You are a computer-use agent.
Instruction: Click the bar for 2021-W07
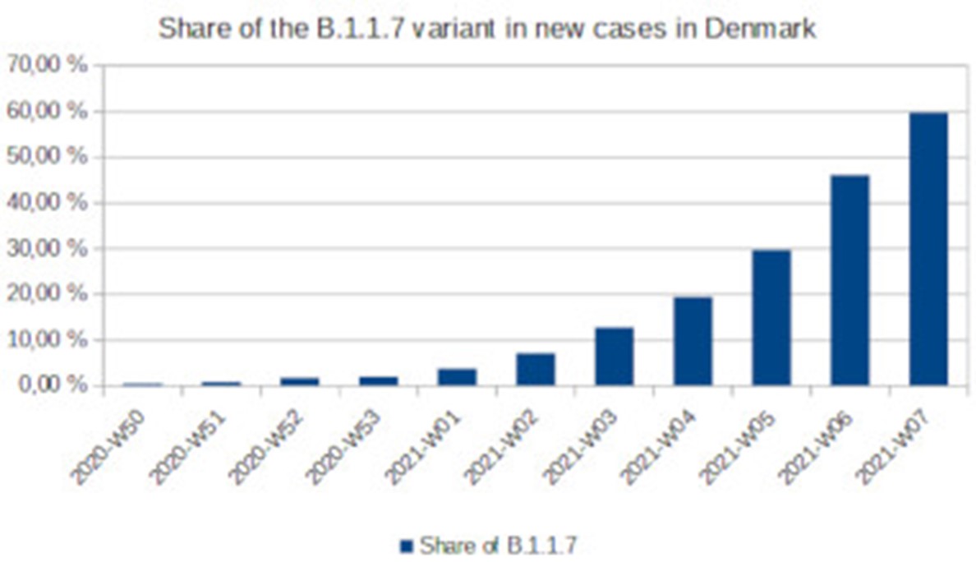click(x=928, y=249)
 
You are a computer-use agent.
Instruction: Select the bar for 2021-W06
click(x=849, y=280)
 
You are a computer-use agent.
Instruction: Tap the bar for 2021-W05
click(x=771, y=317)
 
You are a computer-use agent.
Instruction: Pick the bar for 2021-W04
click(x=693, y=341)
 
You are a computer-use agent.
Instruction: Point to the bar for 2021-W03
click(x=615, y=357)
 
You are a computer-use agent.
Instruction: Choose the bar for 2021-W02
click(x=536, y=369)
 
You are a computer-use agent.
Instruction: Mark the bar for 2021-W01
click(x=457, y=377)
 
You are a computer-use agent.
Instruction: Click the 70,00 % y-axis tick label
click(x=47, y=66)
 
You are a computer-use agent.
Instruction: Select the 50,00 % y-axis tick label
click(x=47, y=157)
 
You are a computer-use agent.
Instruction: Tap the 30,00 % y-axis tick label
click(x=47, y=248)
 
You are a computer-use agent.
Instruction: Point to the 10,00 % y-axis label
click(x=47, y=339)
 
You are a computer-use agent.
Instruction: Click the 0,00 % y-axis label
click(x=51, y=385)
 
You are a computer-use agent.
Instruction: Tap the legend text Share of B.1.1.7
click(x=503, y=545)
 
